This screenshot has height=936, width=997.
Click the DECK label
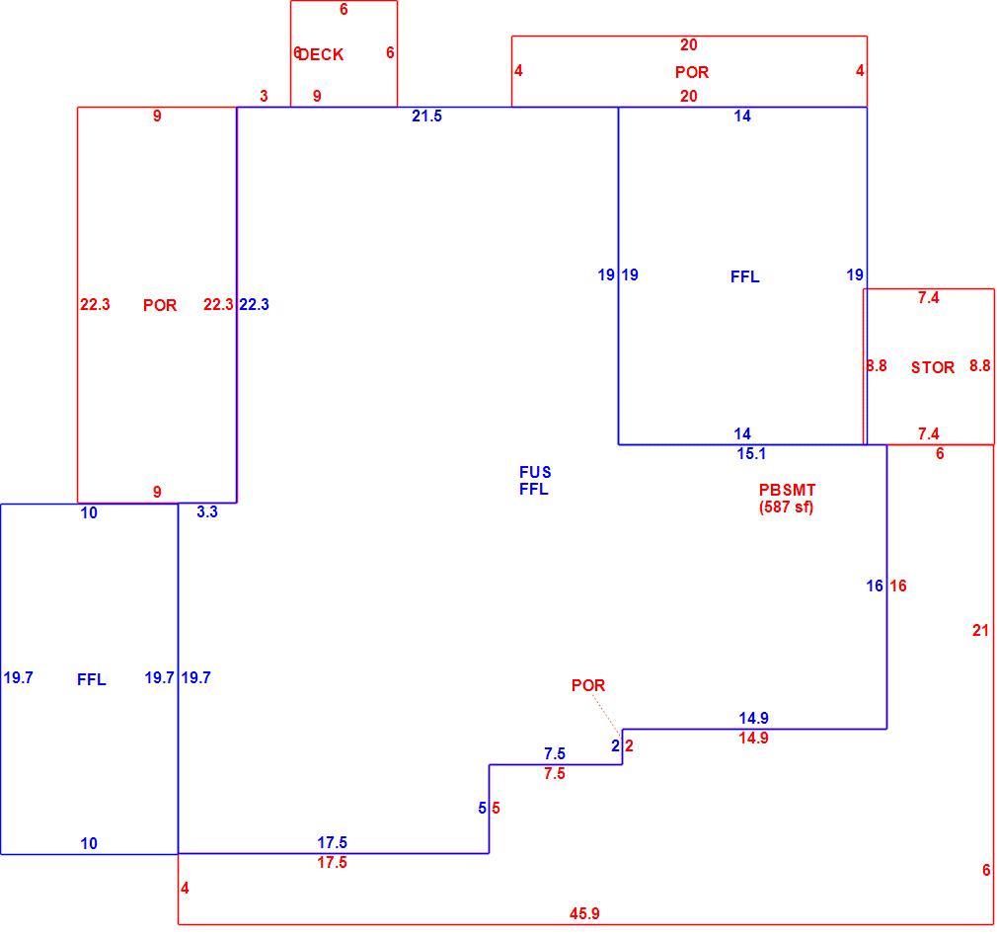[x=321, y=54]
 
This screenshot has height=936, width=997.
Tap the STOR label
[x=933, y=367]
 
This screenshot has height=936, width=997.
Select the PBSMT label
[x=787, y=491]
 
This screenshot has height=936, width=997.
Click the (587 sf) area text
[x=787, y=507]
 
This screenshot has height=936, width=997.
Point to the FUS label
[x=535, y=472]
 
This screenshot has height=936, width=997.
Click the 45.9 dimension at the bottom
[x=584, y=913]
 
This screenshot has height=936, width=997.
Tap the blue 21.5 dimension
[x=426, y=116]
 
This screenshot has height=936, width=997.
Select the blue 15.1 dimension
[x=751, y=453]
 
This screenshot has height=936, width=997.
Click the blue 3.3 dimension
[x=207, y=511]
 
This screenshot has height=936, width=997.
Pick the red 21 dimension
[x=980, y=630]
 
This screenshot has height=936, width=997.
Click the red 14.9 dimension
[x=753, y=738]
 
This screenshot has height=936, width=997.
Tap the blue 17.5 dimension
[x=333, y=842]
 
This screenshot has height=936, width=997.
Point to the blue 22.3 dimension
[x=255, y=304]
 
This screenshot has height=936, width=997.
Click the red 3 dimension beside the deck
[x=264, y=96]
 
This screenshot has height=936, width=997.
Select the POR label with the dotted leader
[x=588, y=685]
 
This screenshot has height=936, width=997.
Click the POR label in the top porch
[x=692, y=72]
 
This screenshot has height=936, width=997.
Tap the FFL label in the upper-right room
[x=744, y=276]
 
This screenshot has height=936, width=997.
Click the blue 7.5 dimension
[x=555, y=753]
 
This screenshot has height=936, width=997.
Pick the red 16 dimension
[x=898, y=585]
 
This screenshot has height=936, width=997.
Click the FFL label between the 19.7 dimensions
[x=92, y=679]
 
